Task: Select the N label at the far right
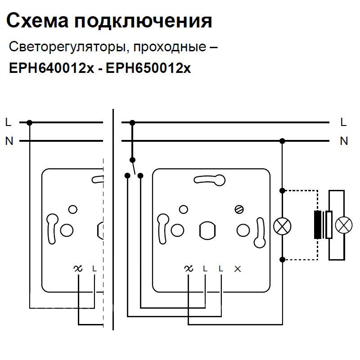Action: [x=344, y=141]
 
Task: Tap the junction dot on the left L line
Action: [x=30, y=122]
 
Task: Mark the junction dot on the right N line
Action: [x=283, y=141]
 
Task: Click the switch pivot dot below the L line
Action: [x=132, y=160]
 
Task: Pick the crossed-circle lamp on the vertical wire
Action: [x=283, y=225]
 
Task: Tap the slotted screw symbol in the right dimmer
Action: [x=239, y=209]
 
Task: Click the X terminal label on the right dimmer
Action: [x=238, y=269]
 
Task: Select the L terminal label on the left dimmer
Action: [x=94, y=269]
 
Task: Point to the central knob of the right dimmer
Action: [x=207, y=230]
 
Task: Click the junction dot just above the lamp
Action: [x=283, y=190]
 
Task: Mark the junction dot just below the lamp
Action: [x=283, y=260]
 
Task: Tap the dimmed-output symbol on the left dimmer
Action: [x=78, y=269]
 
